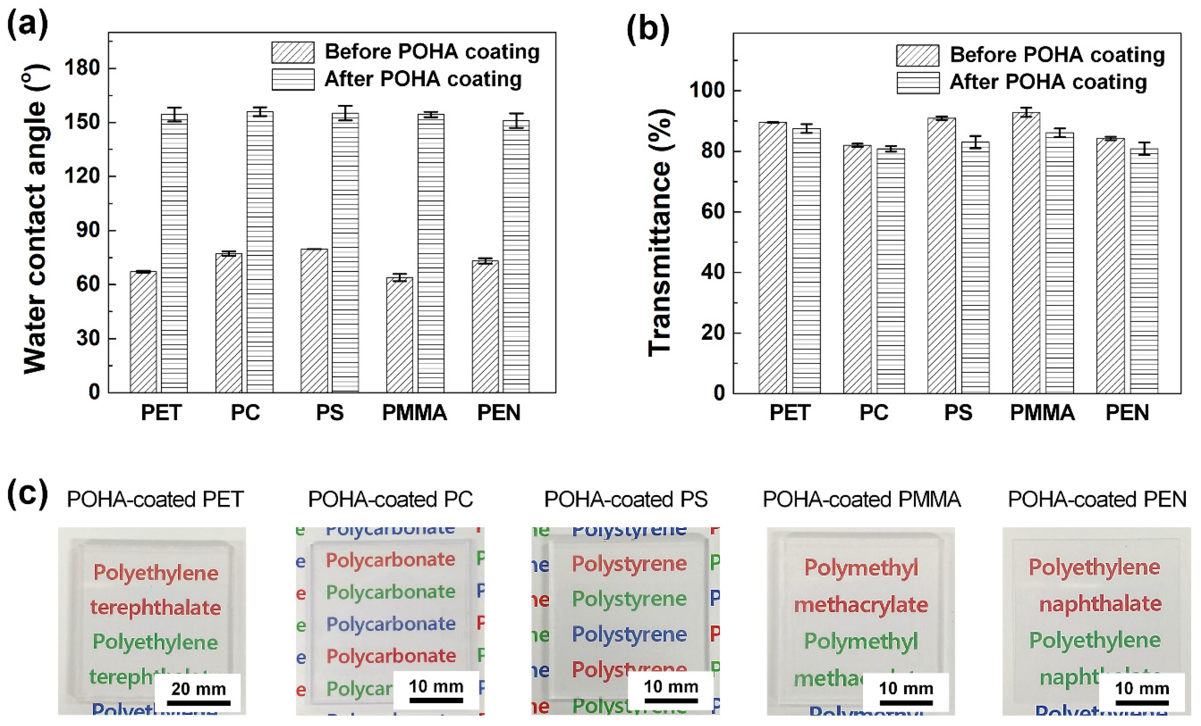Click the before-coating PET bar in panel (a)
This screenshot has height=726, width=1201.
(143, 332)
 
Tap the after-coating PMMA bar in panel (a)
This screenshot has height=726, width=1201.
(431, 253)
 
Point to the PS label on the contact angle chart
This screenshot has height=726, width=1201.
(330, 413)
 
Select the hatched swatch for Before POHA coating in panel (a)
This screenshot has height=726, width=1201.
(292, 52)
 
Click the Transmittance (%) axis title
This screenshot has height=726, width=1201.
(660, 233)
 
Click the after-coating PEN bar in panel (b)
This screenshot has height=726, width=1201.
(1144, 271)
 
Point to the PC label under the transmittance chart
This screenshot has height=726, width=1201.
(873, 413)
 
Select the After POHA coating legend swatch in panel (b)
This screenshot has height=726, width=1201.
(918, 83)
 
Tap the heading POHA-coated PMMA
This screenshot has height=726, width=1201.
(861, 499)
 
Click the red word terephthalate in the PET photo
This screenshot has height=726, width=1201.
(155, 608)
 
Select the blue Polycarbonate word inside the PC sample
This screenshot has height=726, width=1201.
(391, 624)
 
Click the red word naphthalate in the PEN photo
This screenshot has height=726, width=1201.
(1100, 604)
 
